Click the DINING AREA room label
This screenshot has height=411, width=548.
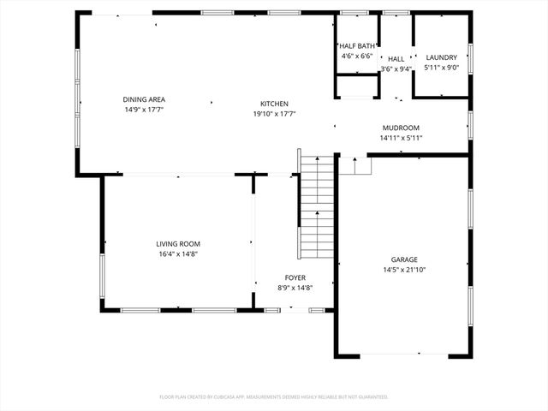(143, 99)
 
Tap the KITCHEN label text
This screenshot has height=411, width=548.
(275, 104)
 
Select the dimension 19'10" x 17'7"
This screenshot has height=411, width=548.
(275, 114)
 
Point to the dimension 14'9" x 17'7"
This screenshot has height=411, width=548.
(143, 110)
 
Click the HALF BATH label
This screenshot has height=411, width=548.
(357, 45)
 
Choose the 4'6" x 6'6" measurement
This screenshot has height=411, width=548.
(357, 56)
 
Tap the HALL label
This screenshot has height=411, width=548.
(396, 58)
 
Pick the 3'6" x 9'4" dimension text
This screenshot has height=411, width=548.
(396, 68)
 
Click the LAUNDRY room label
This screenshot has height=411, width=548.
(441, 57)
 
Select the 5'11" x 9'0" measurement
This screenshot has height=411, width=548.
(441, 68)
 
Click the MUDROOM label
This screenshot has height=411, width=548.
(401, 128)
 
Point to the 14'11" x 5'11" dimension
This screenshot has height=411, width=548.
(401, 138)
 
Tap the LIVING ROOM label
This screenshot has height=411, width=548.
(178, 243)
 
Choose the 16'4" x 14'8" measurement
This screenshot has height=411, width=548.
(178, 253)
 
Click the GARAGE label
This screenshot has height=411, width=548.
(404, 259)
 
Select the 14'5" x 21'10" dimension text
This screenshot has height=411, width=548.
(404, 270)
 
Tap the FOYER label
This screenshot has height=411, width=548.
(295, 277)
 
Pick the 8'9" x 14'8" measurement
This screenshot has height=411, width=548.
(295, 288)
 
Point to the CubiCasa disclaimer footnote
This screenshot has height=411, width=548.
(274, 397)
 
